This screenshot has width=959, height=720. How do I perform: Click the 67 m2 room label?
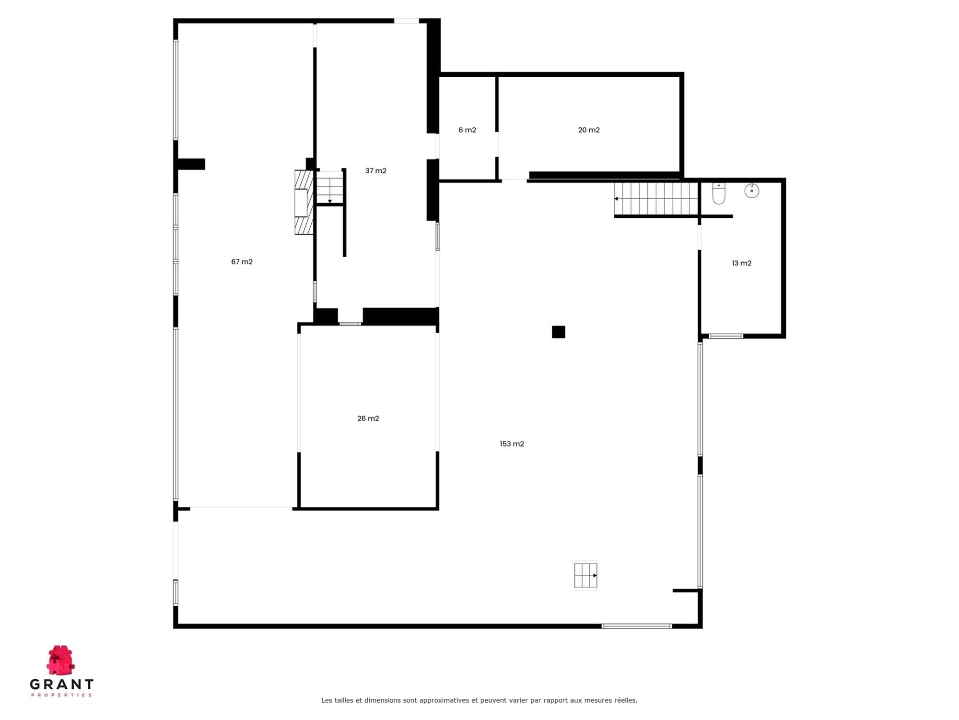(242, 262)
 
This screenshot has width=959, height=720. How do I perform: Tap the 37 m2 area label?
(375, 170)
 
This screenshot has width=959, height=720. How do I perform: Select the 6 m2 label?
(467, 130)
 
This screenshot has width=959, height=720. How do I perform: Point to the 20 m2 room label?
(589, 130)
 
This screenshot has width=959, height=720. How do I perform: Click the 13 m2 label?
(741, 263)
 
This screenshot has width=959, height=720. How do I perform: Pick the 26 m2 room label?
(368, 419)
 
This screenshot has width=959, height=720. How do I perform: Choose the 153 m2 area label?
(512, 444)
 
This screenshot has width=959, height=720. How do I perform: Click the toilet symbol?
(718, 193)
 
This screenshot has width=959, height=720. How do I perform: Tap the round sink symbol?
(751, 191)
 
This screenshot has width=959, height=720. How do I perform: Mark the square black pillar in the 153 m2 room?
(558, 332)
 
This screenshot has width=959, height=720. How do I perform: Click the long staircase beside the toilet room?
(656, 199)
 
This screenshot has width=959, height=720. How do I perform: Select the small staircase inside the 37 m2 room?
(330, 188)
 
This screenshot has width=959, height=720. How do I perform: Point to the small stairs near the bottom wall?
(585, 575)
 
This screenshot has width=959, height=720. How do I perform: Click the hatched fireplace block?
(304, 203)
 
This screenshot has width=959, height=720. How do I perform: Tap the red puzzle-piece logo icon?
(60, 660)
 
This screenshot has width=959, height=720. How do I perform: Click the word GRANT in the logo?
(61, 684)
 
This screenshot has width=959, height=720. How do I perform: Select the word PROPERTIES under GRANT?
(61, 695)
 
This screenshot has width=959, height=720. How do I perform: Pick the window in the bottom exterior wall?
(636, 626)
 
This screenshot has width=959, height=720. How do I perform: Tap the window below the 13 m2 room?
(726, 336)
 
